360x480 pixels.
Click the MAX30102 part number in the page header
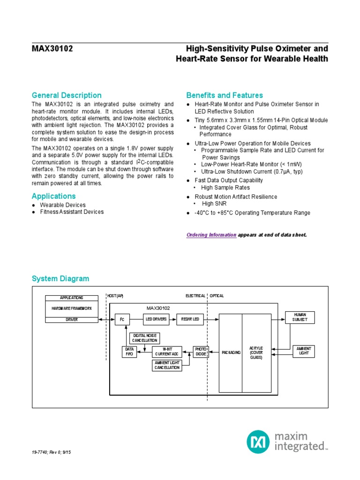point(52,49)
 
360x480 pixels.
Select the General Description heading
point(67,95)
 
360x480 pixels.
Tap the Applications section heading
point(53,196)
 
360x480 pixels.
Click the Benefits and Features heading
point(225,95)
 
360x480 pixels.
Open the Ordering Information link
point(211,234)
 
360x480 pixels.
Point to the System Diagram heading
point(60,278)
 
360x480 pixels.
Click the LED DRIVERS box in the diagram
point(156,320)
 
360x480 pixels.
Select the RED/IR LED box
point(190,320)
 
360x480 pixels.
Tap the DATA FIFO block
point(130,352)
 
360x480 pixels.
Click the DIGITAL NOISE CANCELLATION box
point(146,338)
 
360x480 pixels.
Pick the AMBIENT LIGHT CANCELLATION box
point(167,365)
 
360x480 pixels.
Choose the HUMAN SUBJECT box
point(300,317)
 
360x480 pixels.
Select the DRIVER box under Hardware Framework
point(71,320)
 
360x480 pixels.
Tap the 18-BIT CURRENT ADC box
point(167,352)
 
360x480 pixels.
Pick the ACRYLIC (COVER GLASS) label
point(256,352)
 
